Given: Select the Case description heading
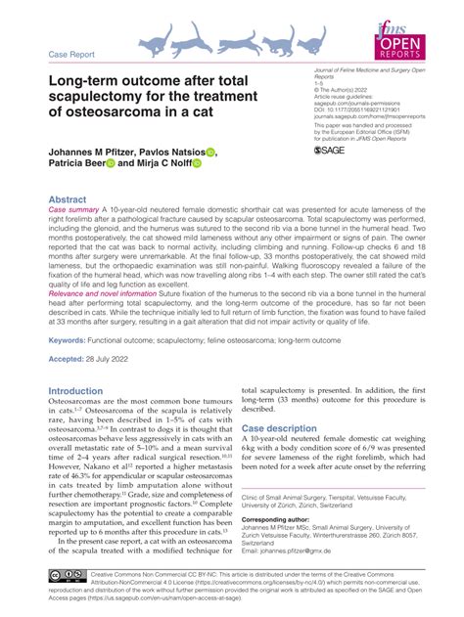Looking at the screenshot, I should [280, 428].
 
